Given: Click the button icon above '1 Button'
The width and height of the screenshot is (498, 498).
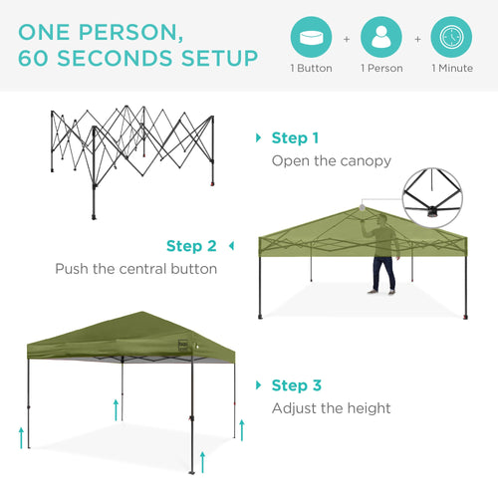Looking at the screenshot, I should click(x=311, y=37).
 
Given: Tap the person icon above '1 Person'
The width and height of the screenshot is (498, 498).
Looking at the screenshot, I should click(x=381, y=37).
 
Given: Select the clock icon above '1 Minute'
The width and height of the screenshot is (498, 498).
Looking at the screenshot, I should click(x=451, y=37).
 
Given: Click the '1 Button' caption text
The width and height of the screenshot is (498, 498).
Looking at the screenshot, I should click(x=311, y=69).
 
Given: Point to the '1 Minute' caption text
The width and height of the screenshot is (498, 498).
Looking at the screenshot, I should click(x=451, y=69).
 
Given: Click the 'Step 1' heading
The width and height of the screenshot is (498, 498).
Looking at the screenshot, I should click(x=295, y=138).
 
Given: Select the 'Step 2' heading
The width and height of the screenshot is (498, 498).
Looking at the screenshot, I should click(x=191, y=246).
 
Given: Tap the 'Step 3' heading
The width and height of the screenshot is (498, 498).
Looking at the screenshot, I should click(x=295, y=385).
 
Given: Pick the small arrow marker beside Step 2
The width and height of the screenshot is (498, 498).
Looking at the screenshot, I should click(x=231, y=246).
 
